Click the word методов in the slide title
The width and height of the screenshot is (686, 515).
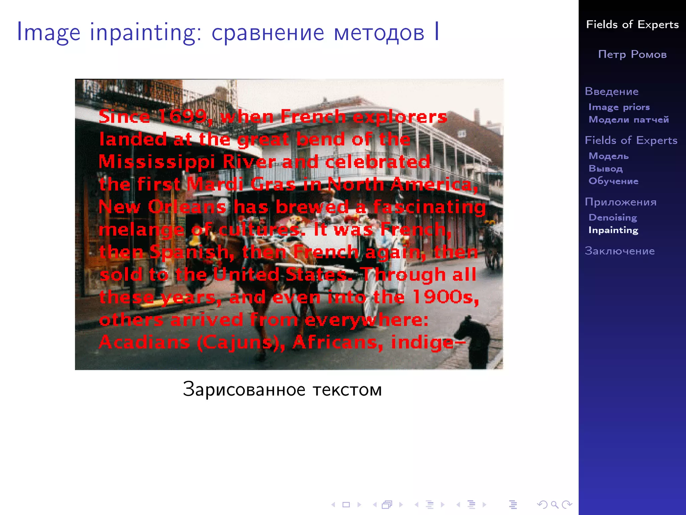pyautogui.click(x=379, y=33)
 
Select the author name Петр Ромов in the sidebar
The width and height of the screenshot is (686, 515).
pyautogui.click(x=632, y=54)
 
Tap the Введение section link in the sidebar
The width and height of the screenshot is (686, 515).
pyautogui.click(x=612, y=92)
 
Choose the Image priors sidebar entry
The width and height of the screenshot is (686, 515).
pyautogui.click(x=619, y=107)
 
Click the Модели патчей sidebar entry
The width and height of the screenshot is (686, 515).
pyautogui.click(x=629, y=119)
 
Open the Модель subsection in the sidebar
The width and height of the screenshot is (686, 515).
pyautogui.click(x=609, y=156)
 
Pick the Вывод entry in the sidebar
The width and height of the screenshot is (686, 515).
pyautogui.click(x=606, y=168)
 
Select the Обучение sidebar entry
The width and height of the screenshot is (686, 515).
pyautogui.click(x=613, y=181)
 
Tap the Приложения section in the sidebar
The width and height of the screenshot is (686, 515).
pyautogui.click(x=621, y=202)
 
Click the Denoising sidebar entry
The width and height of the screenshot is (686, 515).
pyautogui.click(x=613, y=218)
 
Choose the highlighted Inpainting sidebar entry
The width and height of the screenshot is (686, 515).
pyautogui.click(x=613, y=230)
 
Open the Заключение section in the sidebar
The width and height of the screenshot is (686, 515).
pyautogui.click(x=620, y=251)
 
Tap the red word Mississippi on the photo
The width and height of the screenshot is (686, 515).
pyautogui.click(x=156, y=162)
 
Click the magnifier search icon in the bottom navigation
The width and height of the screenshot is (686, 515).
pyautogui.click(x=554, y=504)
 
